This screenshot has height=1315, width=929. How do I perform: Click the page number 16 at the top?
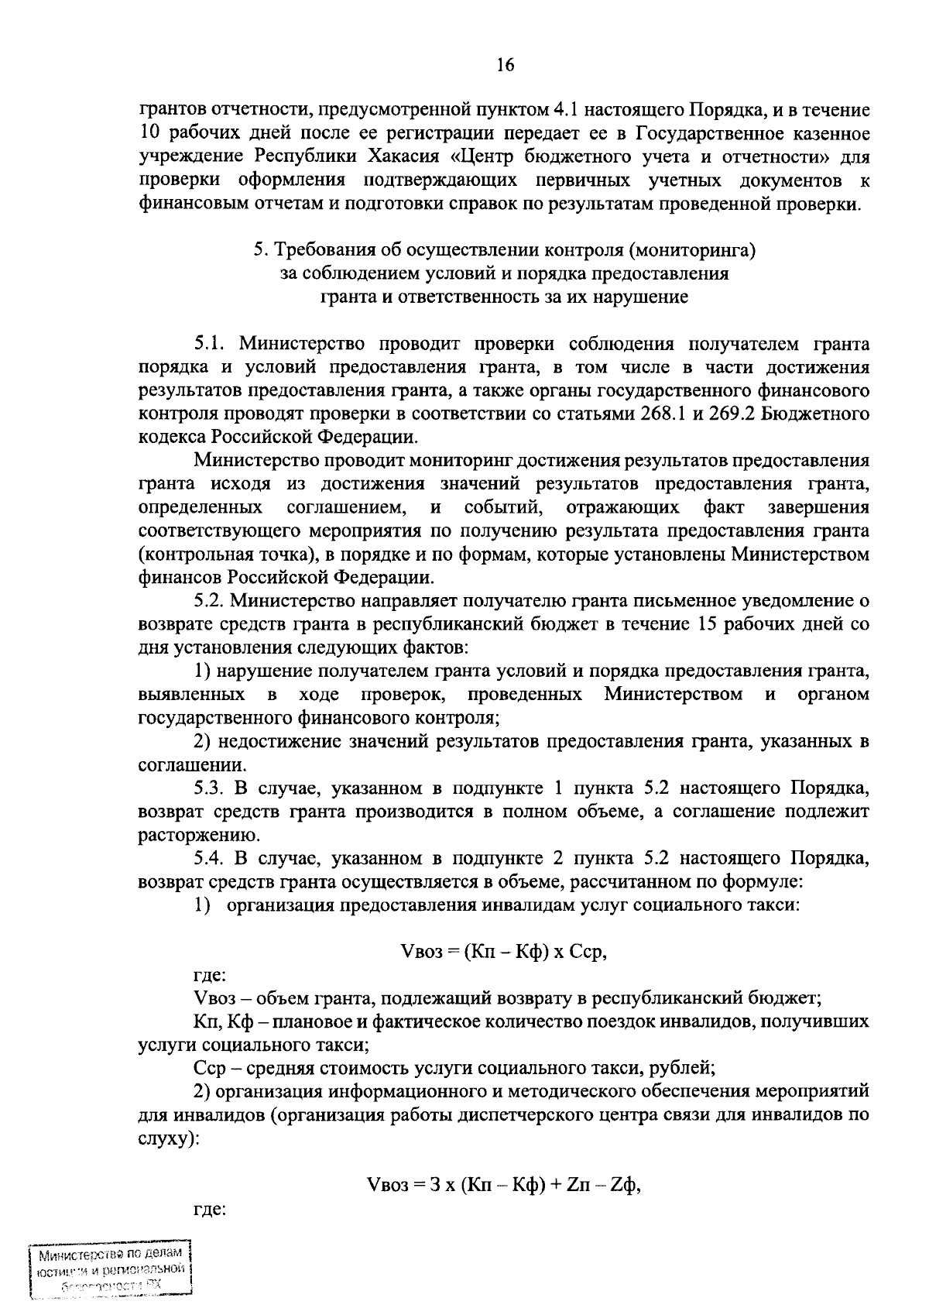pos(505,65)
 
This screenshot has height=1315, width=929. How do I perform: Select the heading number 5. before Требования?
pos(261,250)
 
